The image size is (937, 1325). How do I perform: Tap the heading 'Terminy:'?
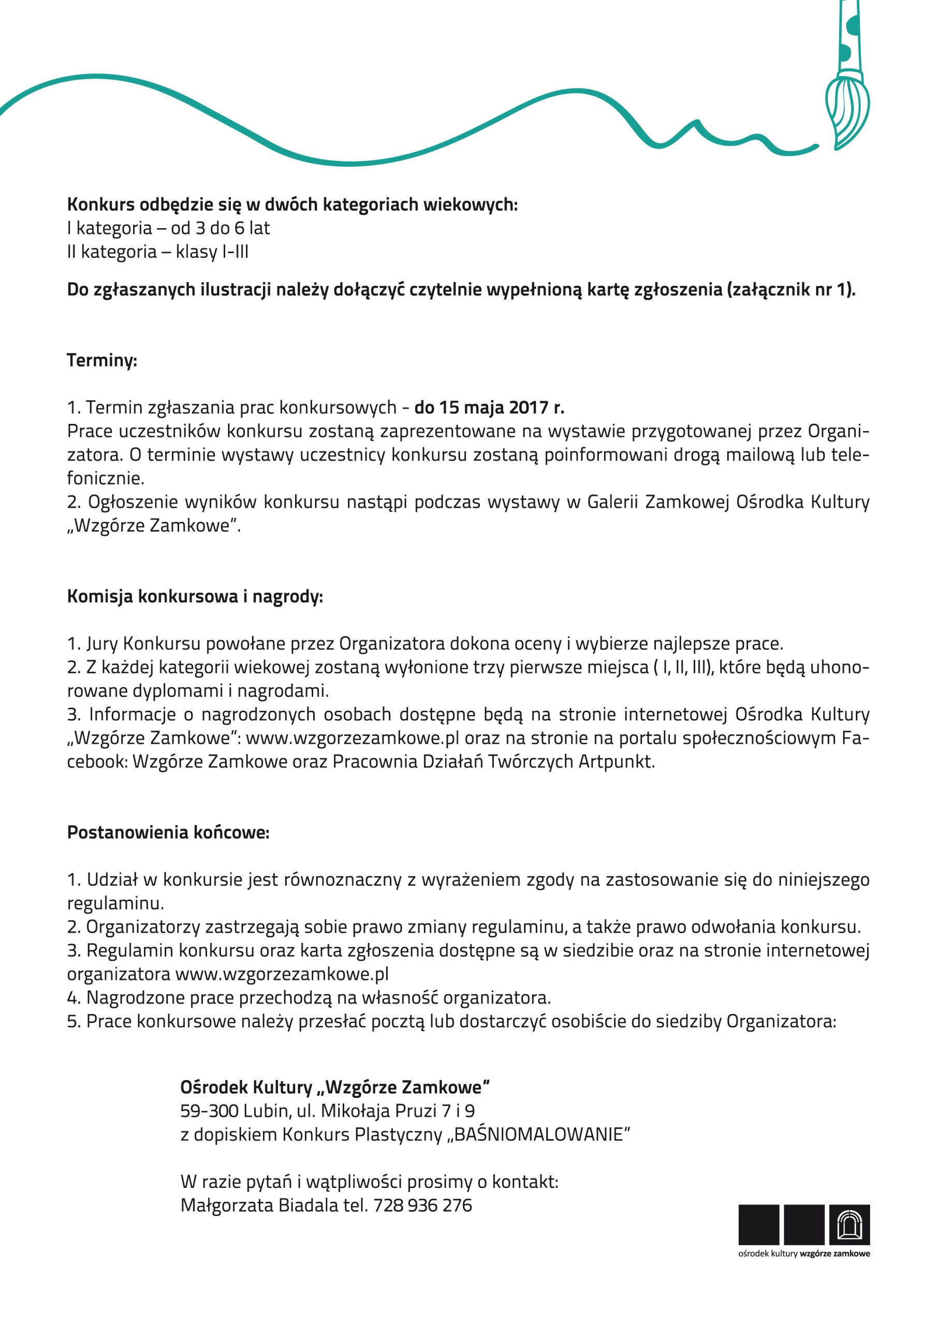[101, 361]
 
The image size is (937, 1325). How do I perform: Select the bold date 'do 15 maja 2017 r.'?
[489, 408]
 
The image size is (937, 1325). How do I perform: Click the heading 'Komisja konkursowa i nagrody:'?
[195, 597]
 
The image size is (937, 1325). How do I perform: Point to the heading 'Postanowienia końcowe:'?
[168, 833]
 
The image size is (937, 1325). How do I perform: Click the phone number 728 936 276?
[422, 1205]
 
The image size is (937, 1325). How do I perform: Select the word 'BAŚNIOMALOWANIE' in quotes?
[538, 1135]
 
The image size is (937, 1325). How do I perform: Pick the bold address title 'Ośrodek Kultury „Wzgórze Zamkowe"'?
[335, 1087]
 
